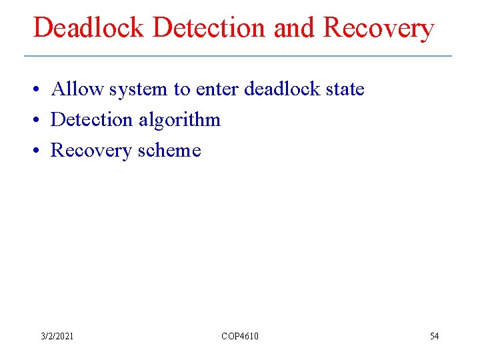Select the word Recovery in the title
pos(379,28)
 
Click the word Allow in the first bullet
pos(75,89)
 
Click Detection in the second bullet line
pos(92,120)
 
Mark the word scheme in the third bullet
pos(169,151)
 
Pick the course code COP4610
pos(240,336)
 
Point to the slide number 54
pos(434,336)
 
